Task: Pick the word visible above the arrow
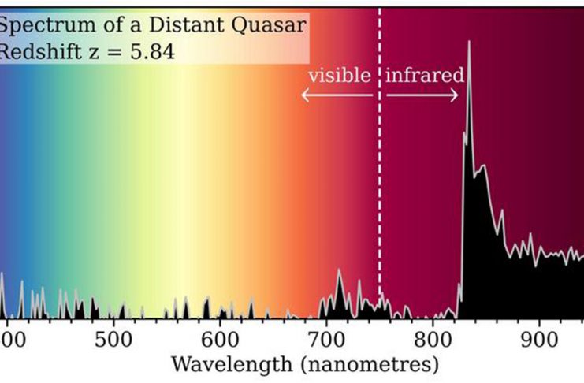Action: (x=339, y=76)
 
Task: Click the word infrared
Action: (x=424, y=76)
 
